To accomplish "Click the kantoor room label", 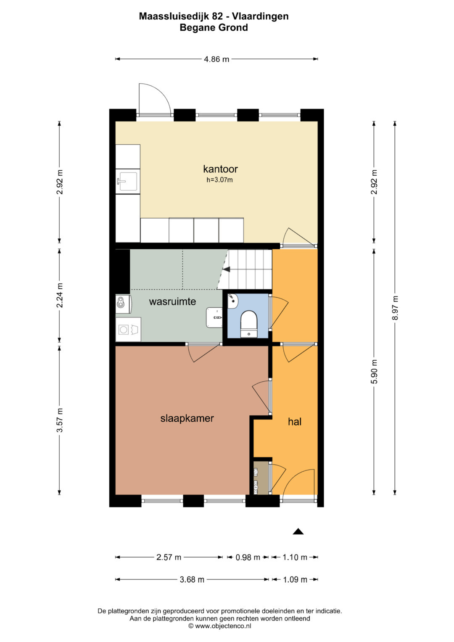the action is pos(220,169).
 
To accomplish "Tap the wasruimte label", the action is pos(172,301).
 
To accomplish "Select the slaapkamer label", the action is pos(187,418).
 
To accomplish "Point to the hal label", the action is pos(295,422).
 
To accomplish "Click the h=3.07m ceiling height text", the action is pos(219,180).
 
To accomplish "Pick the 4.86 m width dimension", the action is pos(216,59).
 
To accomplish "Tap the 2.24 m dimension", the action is pos(60,295).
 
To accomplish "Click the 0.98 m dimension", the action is pos(248,557).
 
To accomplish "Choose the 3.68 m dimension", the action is pos(192,580).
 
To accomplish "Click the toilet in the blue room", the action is pos(249,324).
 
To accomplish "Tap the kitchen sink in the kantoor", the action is pos(127,181).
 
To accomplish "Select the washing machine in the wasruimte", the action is pos(128,329).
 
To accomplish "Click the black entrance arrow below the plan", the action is pos(298,531).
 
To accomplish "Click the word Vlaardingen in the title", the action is pos(260,16).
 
